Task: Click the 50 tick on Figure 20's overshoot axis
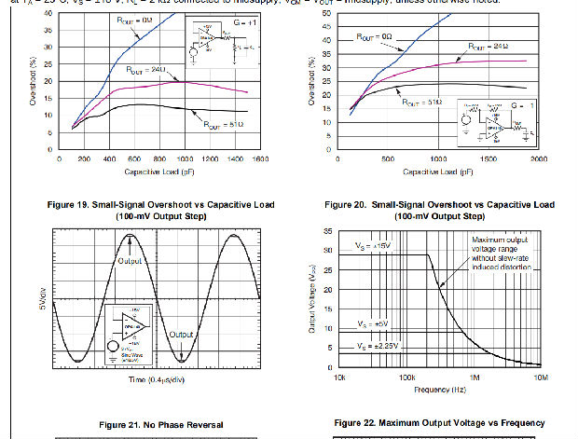324,14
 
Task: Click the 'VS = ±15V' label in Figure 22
374,245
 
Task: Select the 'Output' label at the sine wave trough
182,334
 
